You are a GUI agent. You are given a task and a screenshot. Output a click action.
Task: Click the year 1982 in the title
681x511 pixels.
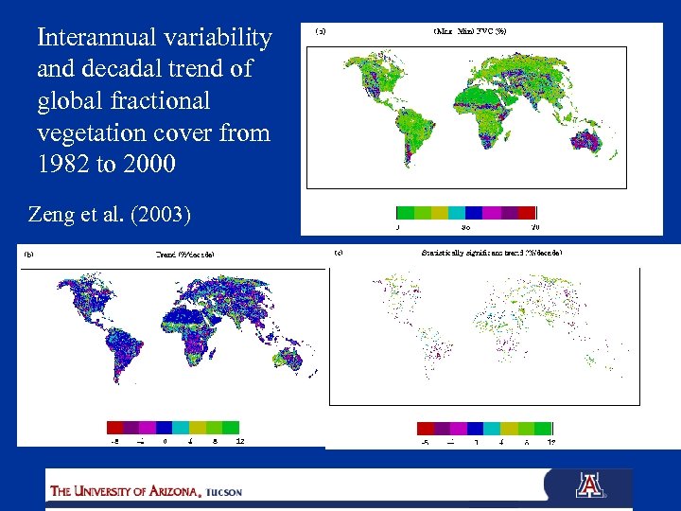click(x=64, y=164)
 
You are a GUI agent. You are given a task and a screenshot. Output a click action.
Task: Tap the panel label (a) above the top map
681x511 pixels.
click(x=322, y=31)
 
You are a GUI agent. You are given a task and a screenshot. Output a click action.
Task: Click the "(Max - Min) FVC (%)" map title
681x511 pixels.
click(x=471, y=31)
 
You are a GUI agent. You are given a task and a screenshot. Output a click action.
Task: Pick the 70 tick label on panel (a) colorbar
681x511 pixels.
click(x=534, y=227)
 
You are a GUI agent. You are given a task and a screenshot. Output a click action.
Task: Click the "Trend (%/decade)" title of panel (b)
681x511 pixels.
click(x=184, y=254)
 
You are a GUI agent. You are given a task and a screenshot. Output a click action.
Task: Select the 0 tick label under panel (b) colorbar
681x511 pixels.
click(x=166, y=440)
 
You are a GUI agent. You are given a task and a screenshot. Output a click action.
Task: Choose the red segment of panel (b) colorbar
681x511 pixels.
click(x=114, y=426)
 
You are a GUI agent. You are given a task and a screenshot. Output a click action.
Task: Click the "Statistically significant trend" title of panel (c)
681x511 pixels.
click(x=491, y=253)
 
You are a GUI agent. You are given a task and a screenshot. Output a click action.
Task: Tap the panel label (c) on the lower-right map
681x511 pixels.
click(x=339, y=253)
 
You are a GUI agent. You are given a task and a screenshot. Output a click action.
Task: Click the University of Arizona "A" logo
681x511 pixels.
click(x=588, y=485)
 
